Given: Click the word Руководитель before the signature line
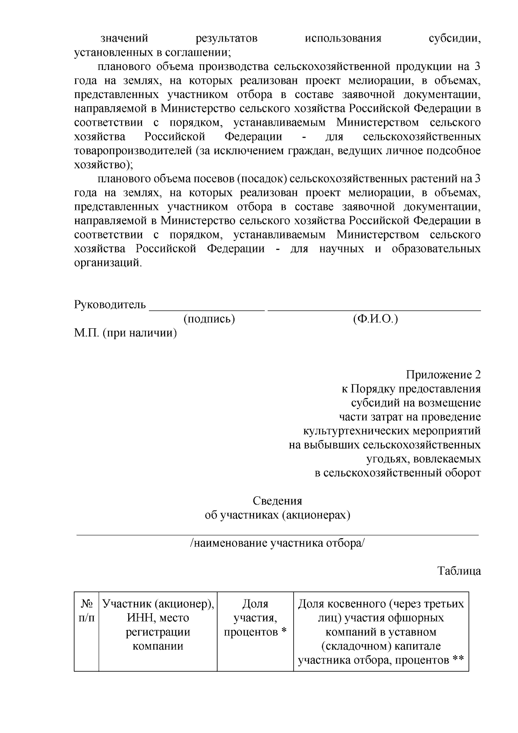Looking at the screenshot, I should point(110,305).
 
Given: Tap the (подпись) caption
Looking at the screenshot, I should point(209,319).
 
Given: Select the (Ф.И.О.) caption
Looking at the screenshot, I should point(375,319).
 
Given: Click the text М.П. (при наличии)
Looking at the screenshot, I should point(126,333).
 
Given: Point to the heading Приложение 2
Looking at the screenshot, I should point(443,374).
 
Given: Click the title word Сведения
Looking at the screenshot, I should point(277,501).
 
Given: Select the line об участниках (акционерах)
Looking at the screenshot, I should point(277,515).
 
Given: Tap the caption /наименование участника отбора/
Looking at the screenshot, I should point(277,543).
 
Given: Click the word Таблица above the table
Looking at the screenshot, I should point(459,571).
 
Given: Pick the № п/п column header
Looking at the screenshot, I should point(87,611).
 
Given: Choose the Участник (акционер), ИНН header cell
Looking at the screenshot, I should point(158,625).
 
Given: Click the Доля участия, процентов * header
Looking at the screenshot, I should point(255,618).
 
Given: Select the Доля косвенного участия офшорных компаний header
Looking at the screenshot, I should point(381,632).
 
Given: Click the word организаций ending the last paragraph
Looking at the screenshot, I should point(107,263).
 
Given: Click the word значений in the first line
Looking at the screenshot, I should point(124,39).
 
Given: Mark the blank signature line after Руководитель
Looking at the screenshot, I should point(206,309).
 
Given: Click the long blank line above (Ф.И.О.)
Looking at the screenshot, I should point(374,309).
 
